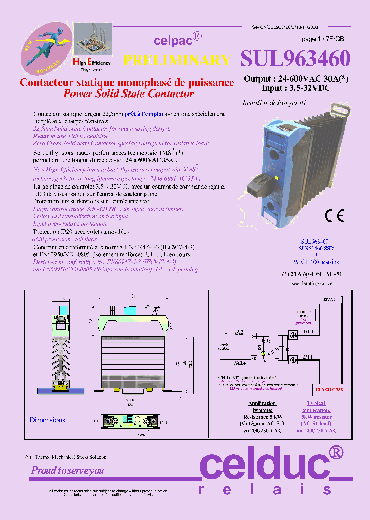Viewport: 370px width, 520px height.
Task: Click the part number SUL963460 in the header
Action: (x=295, y=59)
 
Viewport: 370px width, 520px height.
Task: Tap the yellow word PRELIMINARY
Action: (x=177, y=60)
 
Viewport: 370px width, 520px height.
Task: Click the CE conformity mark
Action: (x=334, y=216)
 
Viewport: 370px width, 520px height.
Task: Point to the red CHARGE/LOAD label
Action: (x=329, y=389)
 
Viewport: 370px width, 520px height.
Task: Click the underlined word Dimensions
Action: (x=48, y=420)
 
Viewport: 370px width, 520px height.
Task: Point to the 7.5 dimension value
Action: (x=179, y=398)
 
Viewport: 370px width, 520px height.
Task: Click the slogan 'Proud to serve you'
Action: (x=67, y=470)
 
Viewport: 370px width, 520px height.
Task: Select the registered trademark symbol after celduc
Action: (x=336, y=452)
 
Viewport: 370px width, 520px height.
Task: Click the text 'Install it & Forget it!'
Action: (x=274, y=103)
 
